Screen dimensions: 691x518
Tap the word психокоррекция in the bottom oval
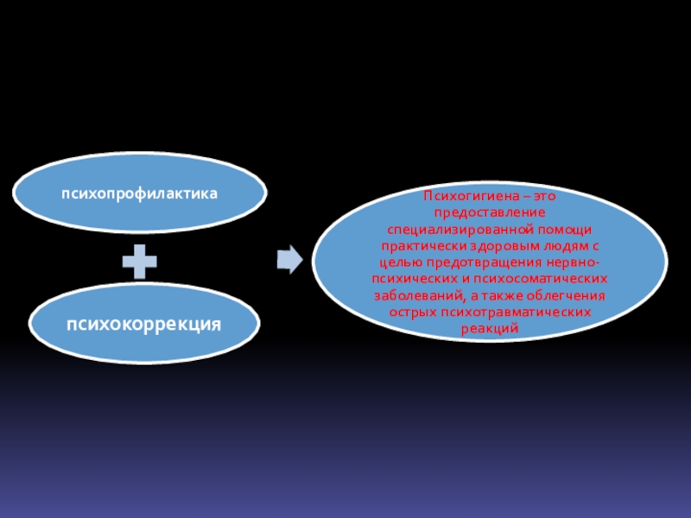pos(145,324)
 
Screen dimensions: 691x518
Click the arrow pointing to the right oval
pos(289,257)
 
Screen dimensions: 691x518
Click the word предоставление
pos(490,212)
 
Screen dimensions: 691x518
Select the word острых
pos(409,312)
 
